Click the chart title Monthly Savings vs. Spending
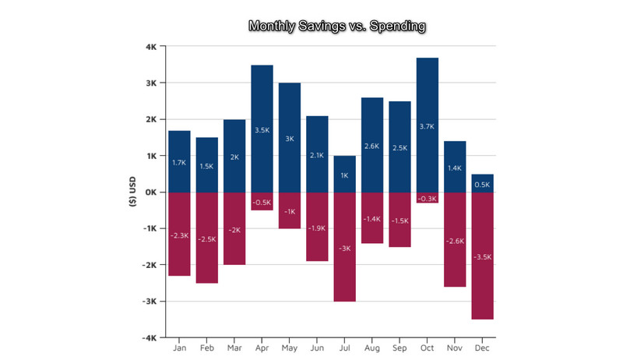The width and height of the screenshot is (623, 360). pyautogui.click(x=336, y=26)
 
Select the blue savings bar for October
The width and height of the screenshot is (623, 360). pyautogui.click(x=428, y=101)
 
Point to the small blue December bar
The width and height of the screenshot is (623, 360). pyautogui.click(x=482, y=183)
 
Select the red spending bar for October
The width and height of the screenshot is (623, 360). pyautogui.click(x=428, y=197)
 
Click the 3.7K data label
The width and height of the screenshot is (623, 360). pyautogui.click(x=428, y=126)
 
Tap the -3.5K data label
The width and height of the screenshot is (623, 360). pyautogui.click(x=482, y=256)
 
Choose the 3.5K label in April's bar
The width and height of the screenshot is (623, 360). pyautogui.click(x=262, y=130)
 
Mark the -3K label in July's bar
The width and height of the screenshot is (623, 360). pyautogui.click(x=344, y=248)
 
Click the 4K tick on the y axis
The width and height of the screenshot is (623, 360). pyautogui.click(x=151, y=47)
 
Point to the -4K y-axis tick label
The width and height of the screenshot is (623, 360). pyautogui.click(x=150, y=337)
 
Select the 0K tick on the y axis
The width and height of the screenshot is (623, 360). pyautogui.click(x=151, y=192)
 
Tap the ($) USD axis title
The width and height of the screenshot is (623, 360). pyautogui.click(x=133, y=192)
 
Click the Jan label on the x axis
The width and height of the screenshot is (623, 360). pyautogui.click(x=179, y=350)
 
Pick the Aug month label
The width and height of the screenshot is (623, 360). pyautogui.click(x=372, y=350)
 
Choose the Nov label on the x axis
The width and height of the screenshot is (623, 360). pyautogui.click(x=455, y=350)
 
